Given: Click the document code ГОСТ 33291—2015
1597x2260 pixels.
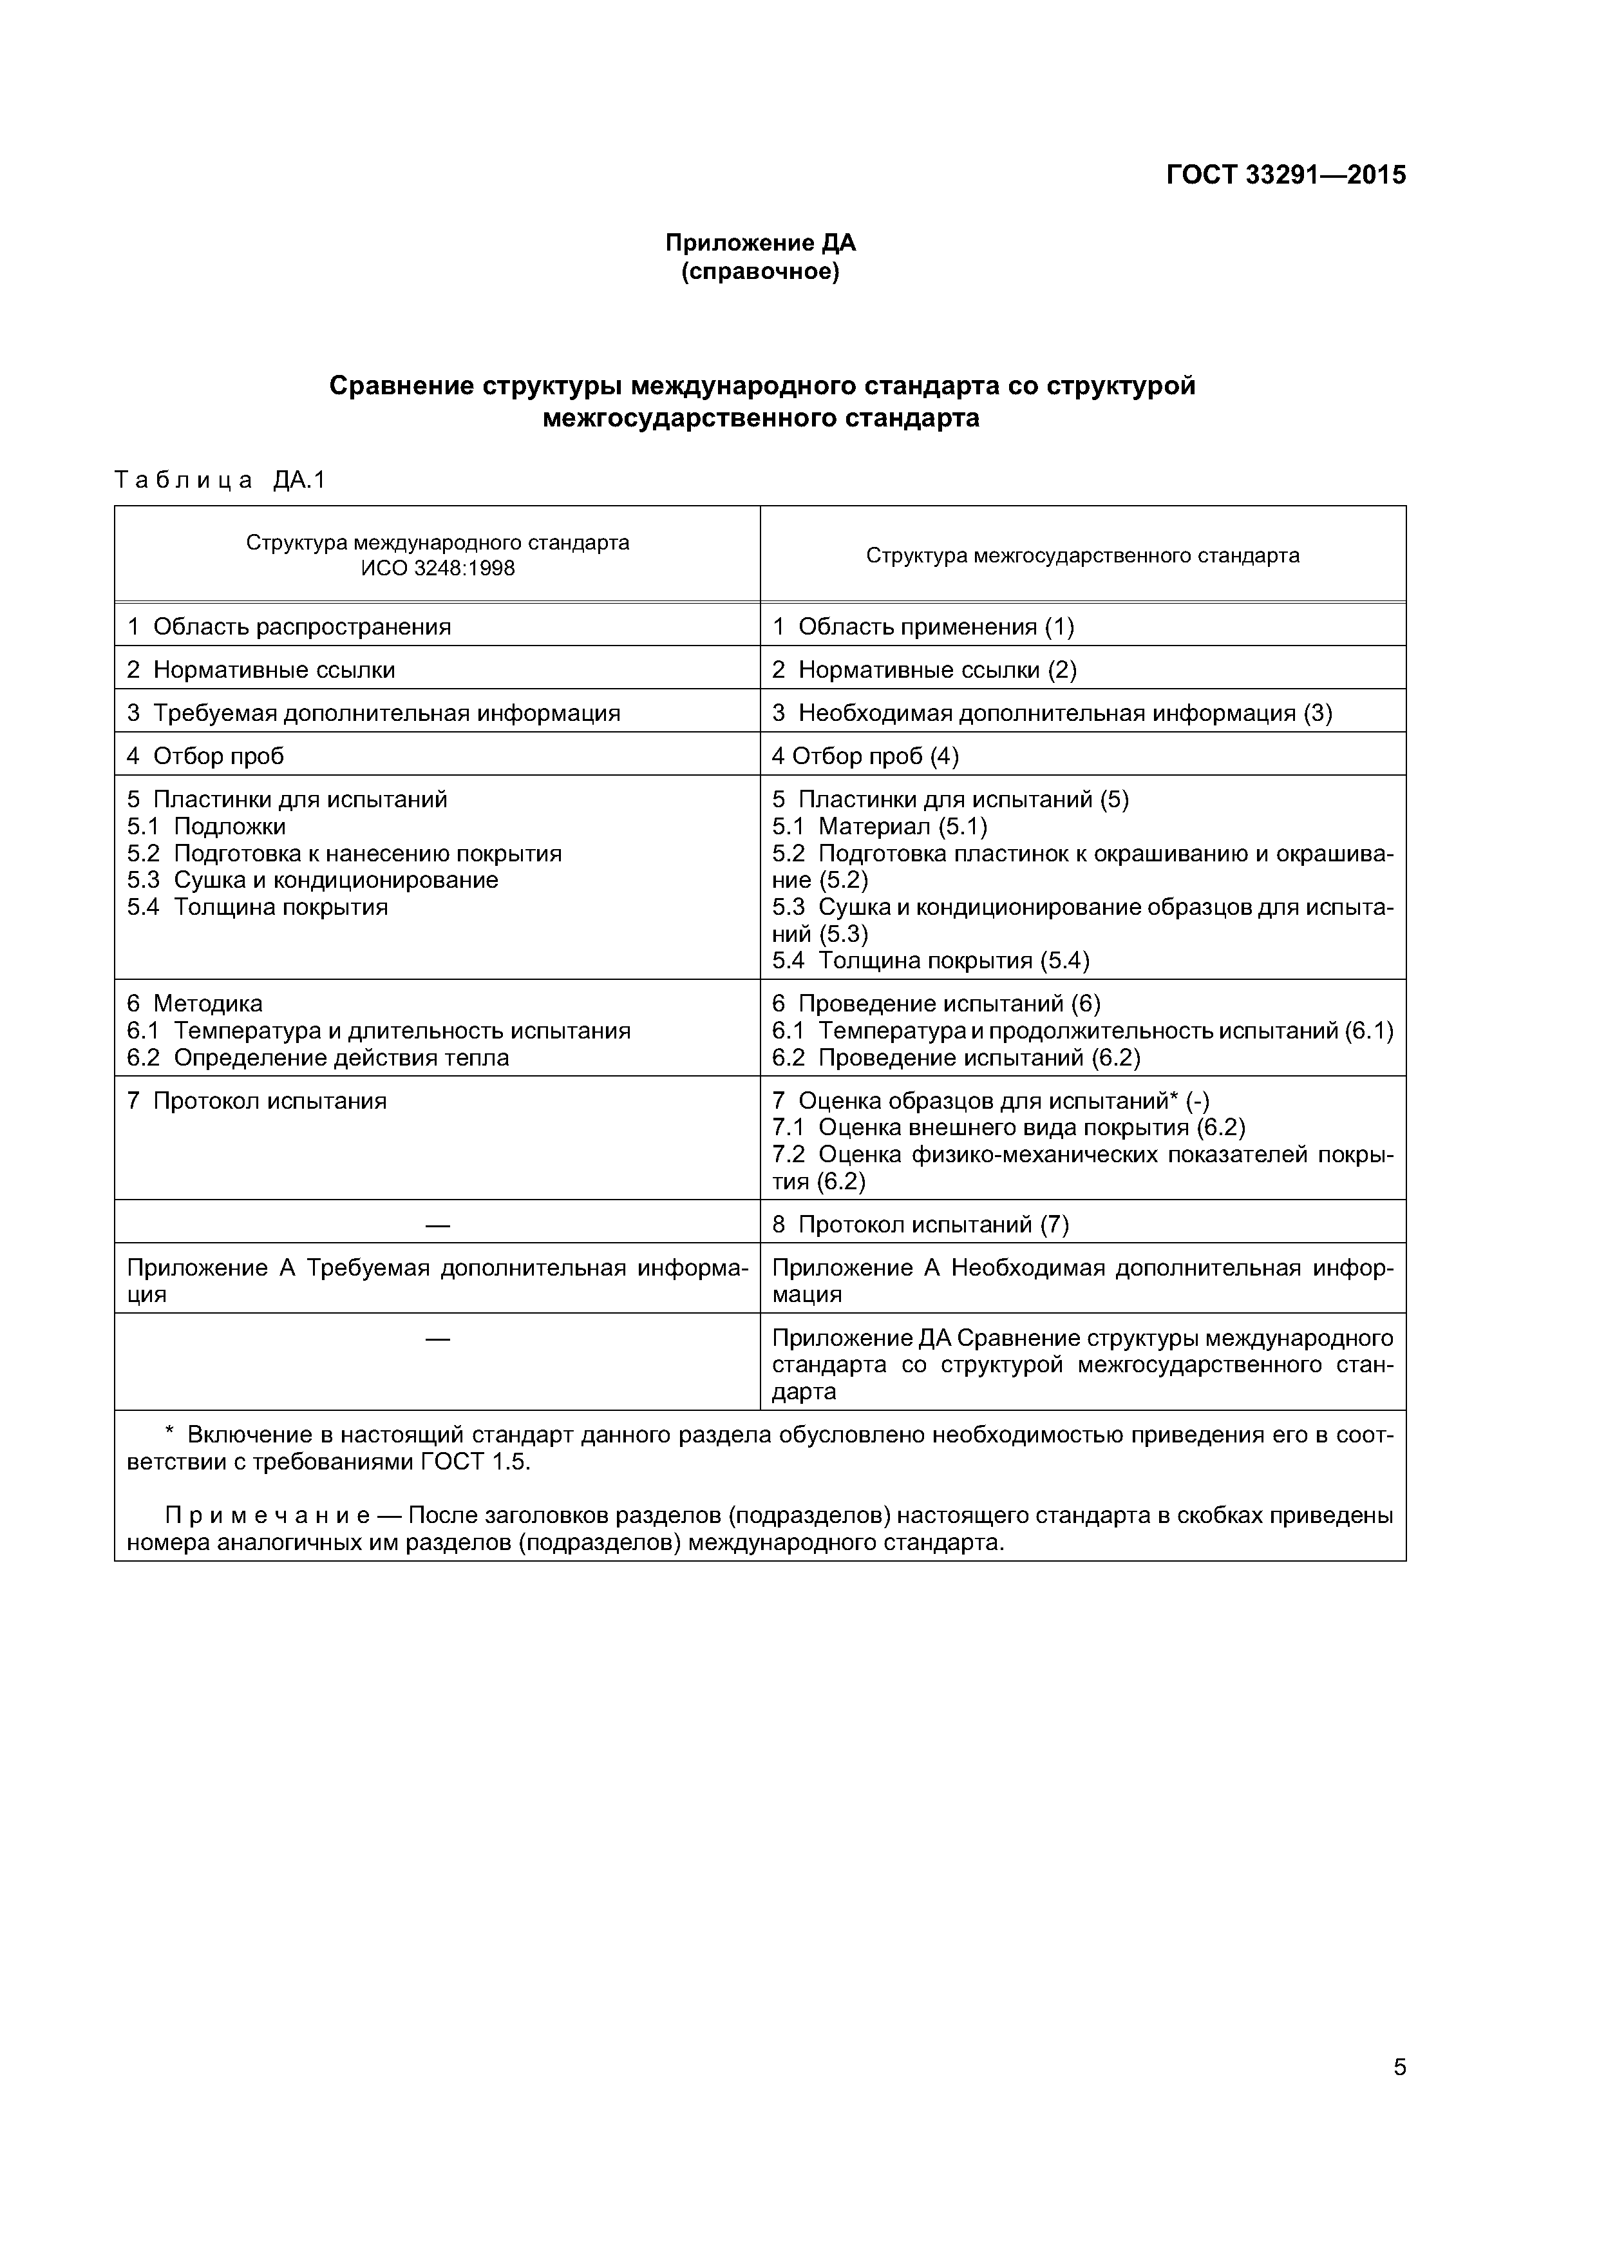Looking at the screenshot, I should click(x=1285, y=175).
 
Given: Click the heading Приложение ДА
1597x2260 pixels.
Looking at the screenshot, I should click(x=761, y=243).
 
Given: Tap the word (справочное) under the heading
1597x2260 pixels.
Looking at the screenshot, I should click(x=761, y=272).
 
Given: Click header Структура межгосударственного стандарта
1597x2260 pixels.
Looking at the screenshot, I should click(x=1082, y=555).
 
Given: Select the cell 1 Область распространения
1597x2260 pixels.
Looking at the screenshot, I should click(x=289, y=627).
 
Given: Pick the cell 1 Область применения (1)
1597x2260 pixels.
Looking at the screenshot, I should click(x=923, y=627).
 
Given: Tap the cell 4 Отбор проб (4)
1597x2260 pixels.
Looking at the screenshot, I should click(x=865, y=756).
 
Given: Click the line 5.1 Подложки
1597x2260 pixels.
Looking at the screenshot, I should click(x=207, y=827).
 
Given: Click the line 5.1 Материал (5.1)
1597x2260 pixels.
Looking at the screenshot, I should click(x=880, y=827).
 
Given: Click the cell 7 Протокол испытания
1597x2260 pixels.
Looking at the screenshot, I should click(x=257, y=1102).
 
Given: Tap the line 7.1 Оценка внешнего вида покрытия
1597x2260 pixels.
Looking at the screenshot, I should click(x=1008, y=1128).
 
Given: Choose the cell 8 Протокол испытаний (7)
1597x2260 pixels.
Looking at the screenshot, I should click(x=920, y=1225).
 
